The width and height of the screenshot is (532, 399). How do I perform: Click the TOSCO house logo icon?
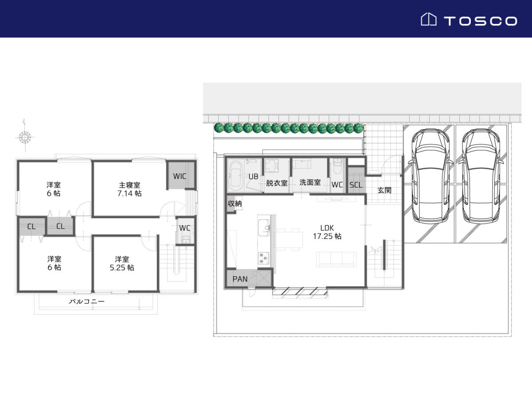[429, 19]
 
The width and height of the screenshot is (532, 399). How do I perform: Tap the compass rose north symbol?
[25, 137]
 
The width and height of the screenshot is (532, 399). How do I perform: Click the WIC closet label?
[180, 176]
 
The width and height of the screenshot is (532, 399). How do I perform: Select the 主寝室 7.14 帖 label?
[129, 189]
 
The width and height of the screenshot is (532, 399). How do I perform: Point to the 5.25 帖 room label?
[122, 263]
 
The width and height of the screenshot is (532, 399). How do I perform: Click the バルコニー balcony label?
[86, 301]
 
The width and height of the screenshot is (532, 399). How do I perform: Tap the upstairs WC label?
[184, 228]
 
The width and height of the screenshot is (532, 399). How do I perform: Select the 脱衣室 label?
[277, 183]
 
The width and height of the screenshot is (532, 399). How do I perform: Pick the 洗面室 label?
[310, 182]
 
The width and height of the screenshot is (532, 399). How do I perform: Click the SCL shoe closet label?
[356, 185]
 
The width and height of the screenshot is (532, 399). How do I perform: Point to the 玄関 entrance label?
[384, 190]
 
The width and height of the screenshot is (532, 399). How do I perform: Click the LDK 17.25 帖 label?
[327, 232]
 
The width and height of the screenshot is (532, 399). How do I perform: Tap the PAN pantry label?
[240, 279]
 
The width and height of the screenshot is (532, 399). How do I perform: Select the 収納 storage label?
[235, 203]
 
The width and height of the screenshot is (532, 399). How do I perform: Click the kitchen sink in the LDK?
[264, 227]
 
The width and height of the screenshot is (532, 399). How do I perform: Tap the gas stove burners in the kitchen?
[263, 258]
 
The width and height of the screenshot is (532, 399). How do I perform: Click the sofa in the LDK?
[336, 259]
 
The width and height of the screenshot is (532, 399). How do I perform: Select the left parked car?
[430, 176]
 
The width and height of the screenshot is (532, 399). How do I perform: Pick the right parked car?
[481, 176]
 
